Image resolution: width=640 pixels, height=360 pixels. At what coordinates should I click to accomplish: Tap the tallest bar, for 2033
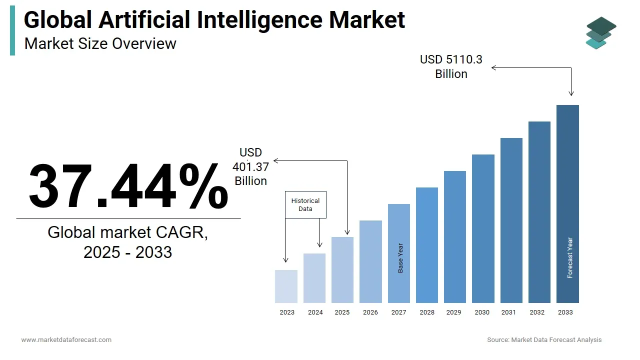(x=567, y=200)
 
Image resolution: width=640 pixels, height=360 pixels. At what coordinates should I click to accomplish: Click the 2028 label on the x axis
(x=427, y=312)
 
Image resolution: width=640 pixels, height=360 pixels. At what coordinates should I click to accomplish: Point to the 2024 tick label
(x=315, y=312)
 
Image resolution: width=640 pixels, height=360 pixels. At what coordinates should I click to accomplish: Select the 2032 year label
(x=537, y=312)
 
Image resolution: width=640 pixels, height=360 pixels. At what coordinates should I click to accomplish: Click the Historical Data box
(x=305, y=204)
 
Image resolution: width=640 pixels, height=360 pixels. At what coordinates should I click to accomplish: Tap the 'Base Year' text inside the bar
(x=400, y=258)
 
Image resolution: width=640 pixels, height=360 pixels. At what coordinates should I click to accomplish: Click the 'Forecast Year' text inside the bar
(x=570, y=258)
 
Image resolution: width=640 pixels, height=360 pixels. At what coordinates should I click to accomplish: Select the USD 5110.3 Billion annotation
(x=451, y=66)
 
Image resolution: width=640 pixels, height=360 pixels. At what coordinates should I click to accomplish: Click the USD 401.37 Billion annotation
(x=250, y=167)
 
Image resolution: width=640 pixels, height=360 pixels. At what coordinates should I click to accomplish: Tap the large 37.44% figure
(x=128, y=186)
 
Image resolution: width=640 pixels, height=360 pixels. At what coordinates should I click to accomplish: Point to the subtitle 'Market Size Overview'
(x=100, y=43)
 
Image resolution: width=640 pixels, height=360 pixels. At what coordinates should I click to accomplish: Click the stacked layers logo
(x=601, y=33)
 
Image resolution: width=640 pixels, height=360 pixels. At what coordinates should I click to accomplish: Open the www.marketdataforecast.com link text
(x=66, y=340)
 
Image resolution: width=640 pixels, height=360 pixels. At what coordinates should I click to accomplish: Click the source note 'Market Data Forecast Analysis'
(x=556, y=340)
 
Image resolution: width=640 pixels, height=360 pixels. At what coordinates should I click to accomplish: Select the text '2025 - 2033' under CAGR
(x=127, y=252)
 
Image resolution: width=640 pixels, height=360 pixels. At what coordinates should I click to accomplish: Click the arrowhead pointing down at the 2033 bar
(x=571, y=93)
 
